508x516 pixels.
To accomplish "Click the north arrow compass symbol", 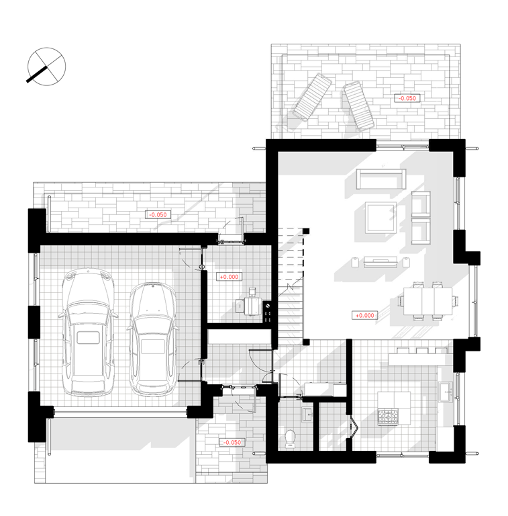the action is [x=46, y=67].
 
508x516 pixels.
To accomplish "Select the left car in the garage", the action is [x=88, y=332].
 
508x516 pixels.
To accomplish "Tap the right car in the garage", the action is [x=153, y=338].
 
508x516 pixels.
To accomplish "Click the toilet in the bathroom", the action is [x=290, y=439].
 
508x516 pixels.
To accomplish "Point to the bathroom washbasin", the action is [x=307, y=415].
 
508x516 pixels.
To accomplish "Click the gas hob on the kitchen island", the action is [x=388, y=417].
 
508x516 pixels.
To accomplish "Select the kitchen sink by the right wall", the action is [x=446, y=392].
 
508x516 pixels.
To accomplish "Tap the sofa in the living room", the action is [x=381, y=179].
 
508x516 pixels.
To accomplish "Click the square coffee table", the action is [x=381, y=218].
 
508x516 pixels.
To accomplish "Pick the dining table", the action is [x=428, y=301].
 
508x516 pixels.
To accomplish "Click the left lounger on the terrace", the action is [x=312, y=97].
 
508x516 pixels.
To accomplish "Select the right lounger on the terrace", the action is [x=359, y=105].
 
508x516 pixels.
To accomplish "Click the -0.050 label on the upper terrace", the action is [x=407, y=98].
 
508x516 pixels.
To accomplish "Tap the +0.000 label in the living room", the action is [x=365, y=315].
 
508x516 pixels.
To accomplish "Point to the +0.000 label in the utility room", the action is [x=229, y=277].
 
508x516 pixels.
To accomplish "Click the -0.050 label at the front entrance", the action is [x=232, y=442].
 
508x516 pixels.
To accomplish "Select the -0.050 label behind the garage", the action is [x=158, y=214].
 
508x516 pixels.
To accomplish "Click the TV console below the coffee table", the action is [x=380, y=262].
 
